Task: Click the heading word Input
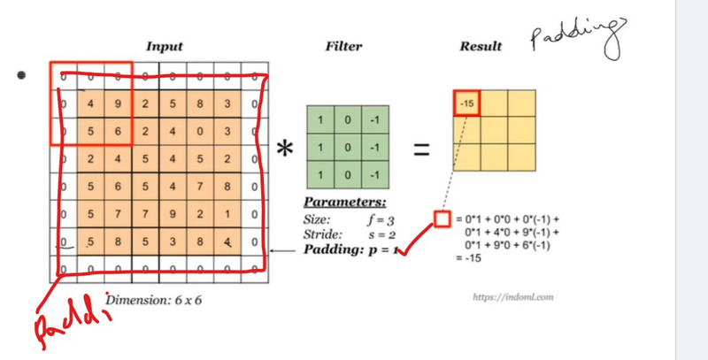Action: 165,46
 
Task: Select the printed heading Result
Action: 481,46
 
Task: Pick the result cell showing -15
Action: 466,103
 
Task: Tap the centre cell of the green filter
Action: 345,142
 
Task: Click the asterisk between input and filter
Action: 283,150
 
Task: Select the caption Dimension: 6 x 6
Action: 155,301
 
